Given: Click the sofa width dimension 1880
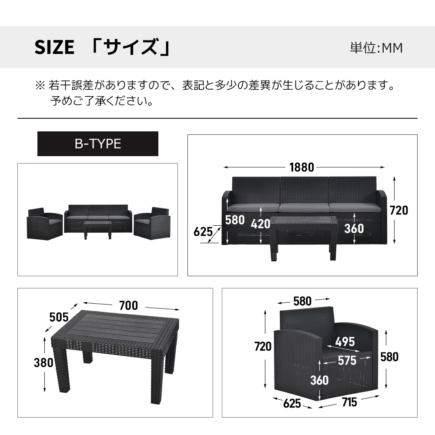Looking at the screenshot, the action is [301, 167].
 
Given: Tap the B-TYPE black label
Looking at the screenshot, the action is [97, 144].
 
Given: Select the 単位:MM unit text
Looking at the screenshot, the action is [376, 48].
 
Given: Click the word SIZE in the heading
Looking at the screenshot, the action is [54, 47].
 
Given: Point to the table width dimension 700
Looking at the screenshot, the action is [128, 305].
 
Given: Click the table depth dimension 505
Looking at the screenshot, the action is [59, 317].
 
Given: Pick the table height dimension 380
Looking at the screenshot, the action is [43, 363].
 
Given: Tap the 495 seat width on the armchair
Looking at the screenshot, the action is [345, 342].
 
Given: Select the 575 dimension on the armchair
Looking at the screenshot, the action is [347, 360].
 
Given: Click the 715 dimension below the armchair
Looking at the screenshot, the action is [349, 402].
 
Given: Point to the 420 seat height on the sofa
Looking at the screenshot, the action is [261, 224].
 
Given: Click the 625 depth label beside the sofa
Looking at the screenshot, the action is [203, 232].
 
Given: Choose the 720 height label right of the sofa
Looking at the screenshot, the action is [399, 211].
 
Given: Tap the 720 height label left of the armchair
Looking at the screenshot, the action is [263, 346].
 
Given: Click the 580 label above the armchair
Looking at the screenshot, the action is [302, 301].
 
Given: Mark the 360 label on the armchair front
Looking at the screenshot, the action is [319, 380].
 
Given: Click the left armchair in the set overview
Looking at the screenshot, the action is [45, 224].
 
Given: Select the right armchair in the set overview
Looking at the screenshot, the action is [152, 223].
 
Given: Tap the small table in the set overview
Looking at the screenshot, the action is [97, 229].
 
